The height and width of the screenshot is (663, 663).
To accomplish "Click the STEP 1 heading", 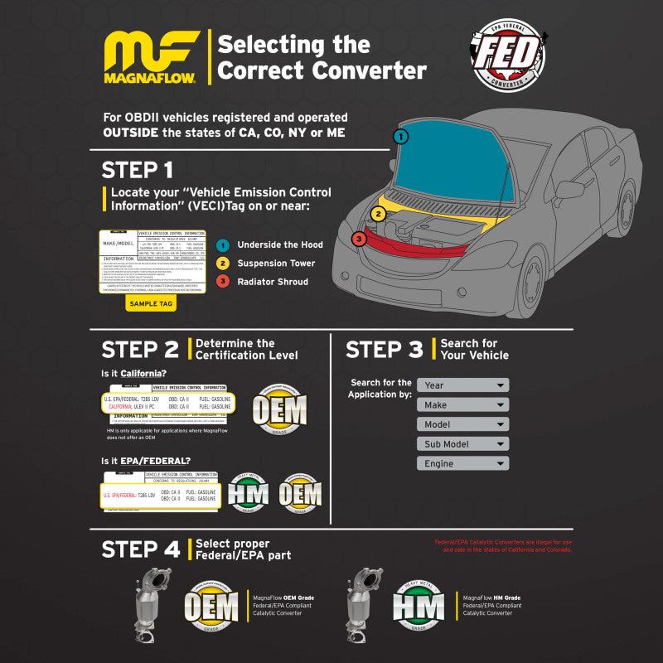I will (x=138, y=170).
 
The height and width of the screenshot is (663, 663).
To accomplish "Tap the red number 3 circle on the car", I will (x=358, y=240).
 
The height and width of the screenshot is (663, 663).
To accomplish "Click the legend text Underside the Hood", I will (x=280, y=244).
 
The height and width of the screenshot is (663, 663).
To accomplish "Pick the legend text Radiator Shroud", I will (x=273, y=282).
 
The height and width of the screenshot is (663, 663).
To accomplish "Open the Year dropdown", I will (x=462, y=385).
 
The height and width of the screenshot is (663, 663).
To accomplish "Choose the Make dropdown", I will (x=462, y=405).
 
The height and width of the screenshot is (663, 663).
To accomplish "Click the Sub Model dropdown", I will (x=462, y=444).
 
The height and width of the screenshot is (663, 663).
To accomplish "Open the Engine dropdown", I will (x=462, y=464).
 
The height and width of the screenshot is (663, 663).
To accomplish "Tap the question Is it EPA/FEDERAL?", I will (x=145, y=461).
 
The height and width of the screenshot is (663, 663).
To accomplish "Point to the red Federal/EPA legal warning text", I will (x=503, y=546).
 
